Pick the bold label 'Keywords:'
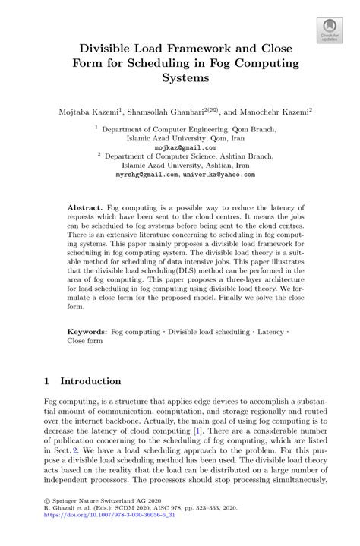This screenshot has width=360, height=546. [87, 333]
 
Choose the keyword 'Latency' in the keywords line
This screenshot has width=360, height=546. [271, 333]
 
